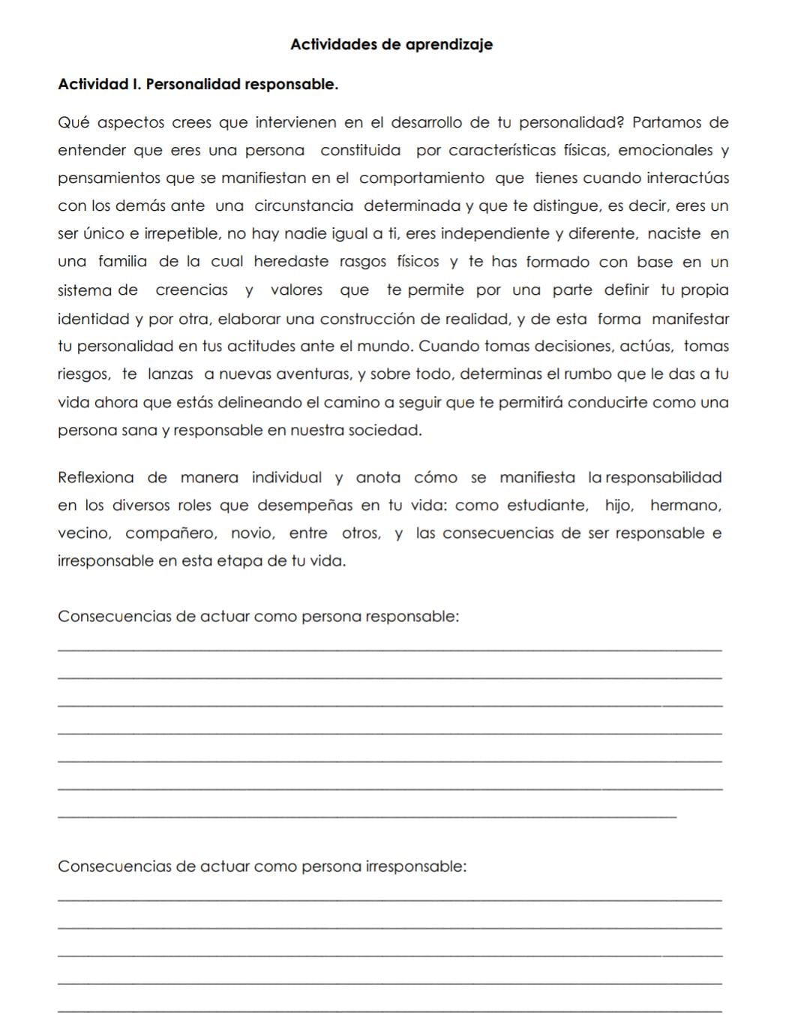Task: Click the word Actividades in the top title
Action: tap(333, 44)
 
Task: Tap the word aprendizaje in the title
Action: tap(448, 45)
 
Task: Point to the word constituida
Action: tap(361, 150)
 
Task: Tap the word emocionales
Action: tap(666, 150)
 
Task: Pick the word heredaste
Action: tap(291, 262)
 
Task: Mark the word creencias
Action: tap(192, 290)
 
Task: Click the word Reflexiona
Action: tap(96, 478)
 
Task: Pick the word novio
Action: tap(253, 533)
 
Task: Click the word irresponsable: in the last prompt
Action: tap(415, 866)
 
